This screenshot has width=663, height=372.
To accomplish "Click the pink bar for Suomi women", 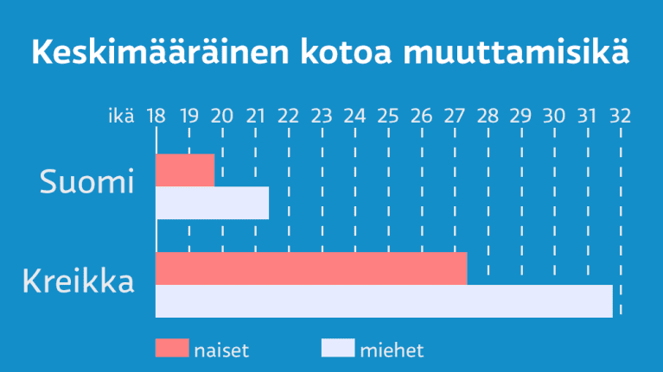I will pyautogui.click(x=185, y=170).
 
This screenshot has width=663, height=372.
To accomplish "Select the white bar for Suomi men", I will pyautogui.click(x=212, y=203).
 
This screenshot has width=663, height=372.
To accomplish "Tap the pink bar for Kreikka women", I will pyautogui.click(x=311, y=268).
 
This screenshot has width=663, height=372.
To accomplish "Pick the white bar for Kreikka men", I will pyautogui.click(x=384, y=301).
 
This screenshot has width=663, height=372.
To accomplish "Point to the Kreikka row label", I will pyautogui.click(x=79, y=281).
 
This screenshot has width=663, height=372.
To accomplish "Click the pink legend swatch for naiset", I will pyautogui.click(x=171, y=348).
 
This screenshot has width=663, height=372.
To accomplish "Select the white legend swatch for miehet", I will pyautogui.click(x=338, y=348).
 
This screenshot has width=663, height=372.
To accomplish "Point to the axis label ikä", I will pyautogui.click(x=121, y=116).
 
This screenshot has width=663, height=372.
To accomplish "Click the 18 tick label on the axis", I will pyautogui.click(x=156, y=116).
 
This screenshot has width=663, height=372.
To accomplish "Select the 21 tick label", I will pyautogui.click(x=255, y=116).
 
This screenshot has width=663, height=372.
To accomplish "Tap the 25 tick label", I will pyautogui.click(x=387, y=116).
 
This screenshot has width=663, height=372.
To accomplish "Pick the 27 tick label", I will pyautogui.click(x=454, y=116).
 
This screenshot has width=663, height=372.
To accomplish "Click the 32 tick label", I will pyautogui.click(x=619, y=116).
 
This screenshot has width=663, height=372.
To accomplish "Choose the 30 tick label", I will pyautogui.click(x=553, y=116).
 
